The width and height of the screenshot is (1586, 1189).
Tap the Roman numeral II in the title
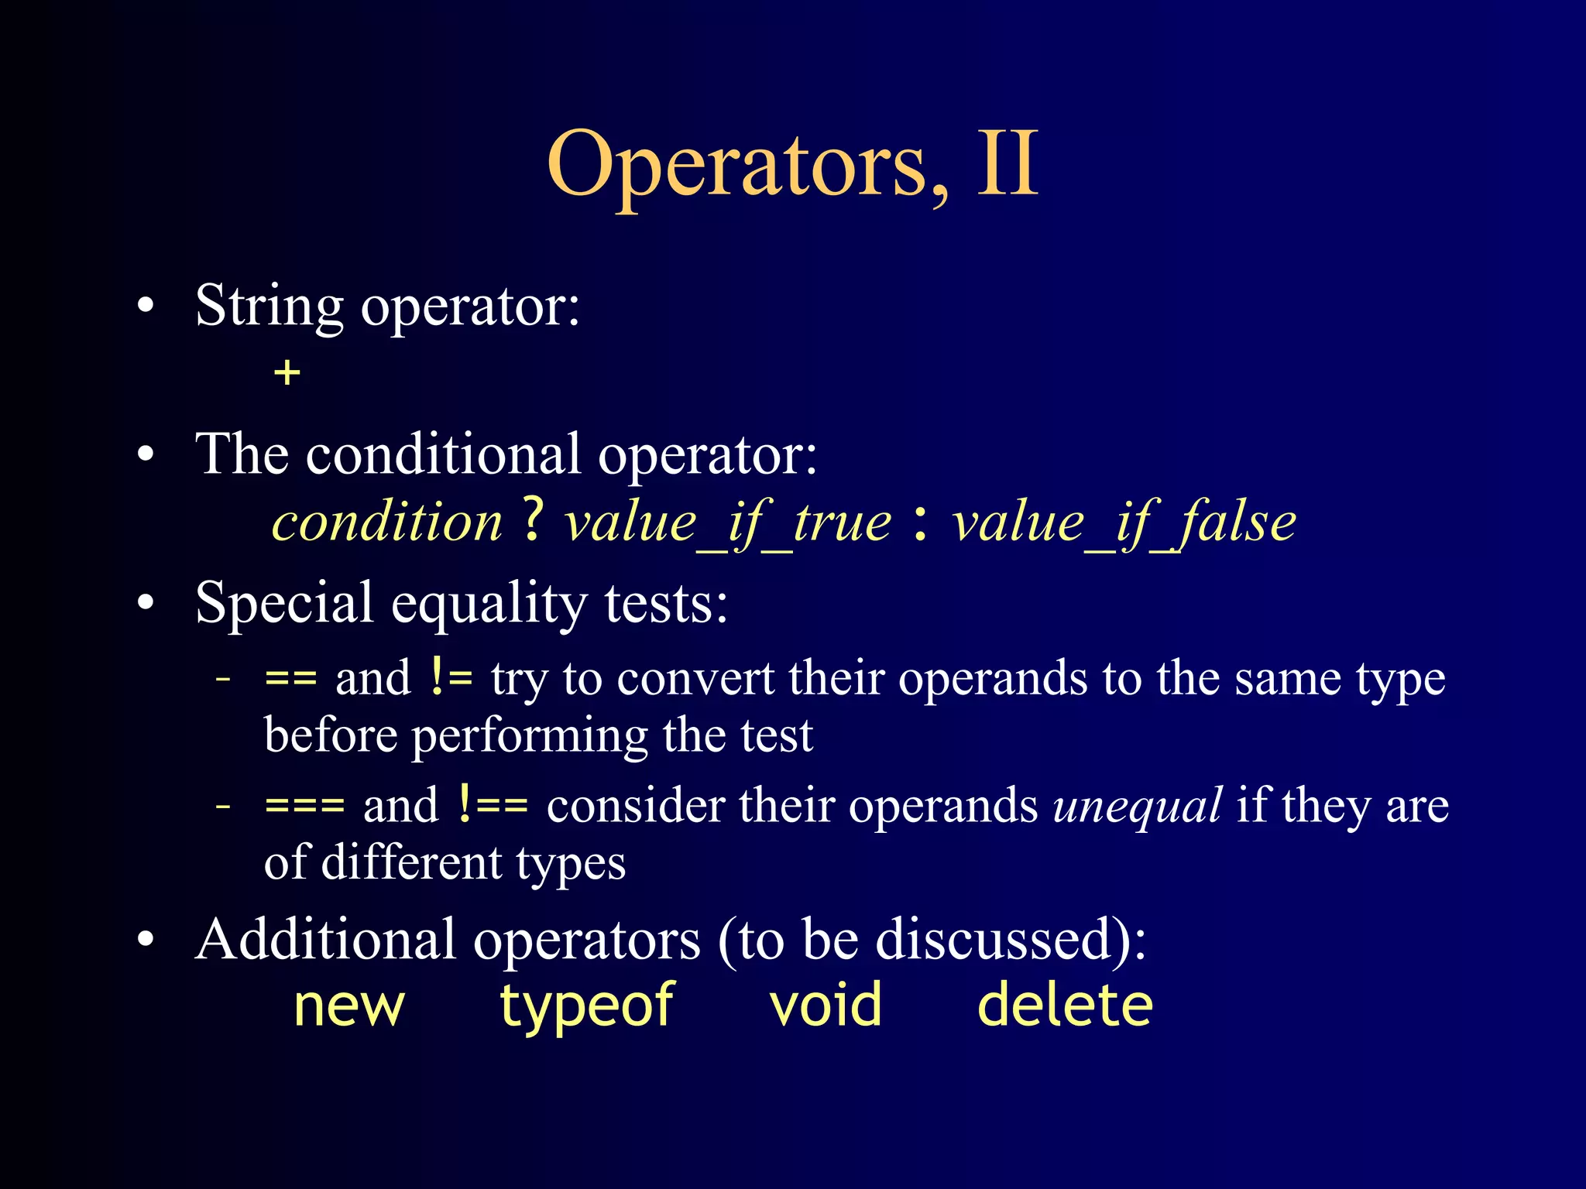tap(1007, 163)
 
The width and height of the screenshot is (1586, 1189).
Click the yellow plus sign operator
tap(287, 373)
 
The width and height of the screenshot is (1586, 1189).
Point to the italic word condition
tap(387, 522)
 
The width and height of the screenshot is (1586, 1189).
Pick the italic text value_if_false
tap(1124, 523)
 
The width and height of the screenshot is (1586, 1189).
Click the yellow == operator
tap(290, 679)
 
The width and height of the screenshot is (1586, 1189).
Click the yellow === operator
tap(304, 806)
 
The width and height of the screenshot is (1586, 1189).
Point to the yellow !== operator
tap(493, 805)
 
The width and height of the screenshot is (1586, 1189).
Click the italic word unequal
tap(1138, 807)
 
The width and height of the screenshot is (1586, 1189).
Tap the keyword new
tap(349, 1006)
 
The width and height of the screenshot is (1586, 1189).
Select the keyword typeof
tap(586, 1006)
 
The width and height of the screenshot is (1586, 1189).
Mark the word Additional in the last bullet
tap(325, 940)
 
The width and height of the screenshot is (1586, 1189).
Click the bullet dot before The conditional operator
tap(146, 455)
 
